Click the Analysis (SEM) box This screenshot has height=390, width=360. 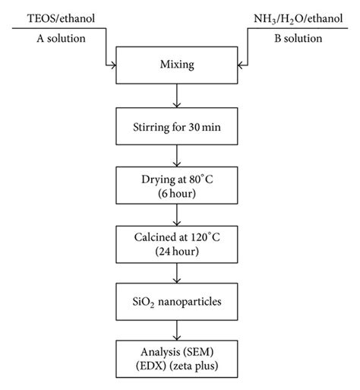176,358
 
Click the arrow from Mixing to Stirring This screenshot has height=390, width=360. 176,94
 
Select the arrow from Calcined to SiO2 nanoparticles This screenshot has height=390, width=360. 176,272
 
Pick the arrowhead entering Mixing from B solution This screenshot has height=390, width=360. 241,66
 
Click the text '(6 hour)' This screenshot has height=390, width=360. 176,195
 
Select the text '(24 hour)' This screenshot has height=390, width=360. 176,252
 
